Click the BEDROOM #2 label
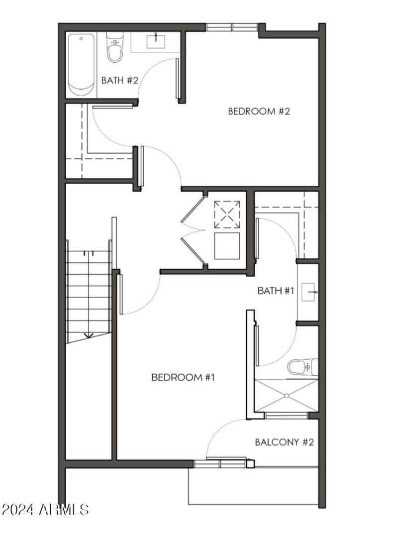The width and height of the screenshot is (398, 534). (x=259, y=111)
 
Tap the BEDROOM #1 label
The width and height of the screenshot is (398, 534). (x=183, y=377)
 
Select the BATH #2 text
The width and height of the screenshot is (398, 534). (x=119, y=80)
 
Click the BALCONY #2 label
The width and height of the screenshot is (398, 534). (x=284, y=442)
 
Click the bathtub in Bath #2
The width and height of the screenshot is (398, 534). (x=81, y=65)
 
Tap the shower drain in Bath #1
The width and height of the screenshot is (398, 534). (x=287, y=396)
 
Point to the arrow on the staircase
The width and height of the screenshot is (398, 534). (x=88, y=335)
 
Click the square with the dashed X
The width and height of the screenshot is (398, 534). (x=227, y=214)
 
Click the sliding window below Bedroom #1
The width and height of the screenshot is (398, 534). (x=220, y=464)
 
